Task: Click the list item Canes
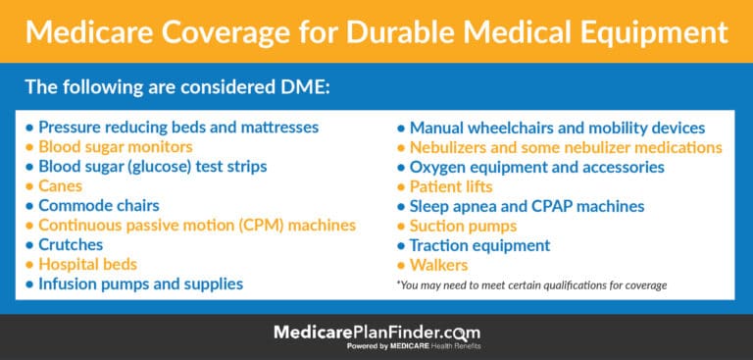click(x=61, y=185)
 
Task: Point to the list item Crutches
click(x=72, y=244)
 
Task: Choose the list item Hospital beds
click(x=87, y=264)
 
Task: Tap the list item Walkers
click(x=439, y=265)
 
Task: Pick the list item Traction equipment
click(x=479, y=245)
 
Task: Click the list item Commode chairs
click(x=99, y=205)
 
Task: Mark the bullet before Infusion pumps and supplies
click(x=29, y=284)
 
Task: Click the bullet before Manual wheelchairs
click(x=401, y=129)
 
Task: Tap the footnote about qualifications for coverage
click(x=532, y=284)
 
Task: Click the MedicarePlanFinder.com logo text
click(x=376, y=334)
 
